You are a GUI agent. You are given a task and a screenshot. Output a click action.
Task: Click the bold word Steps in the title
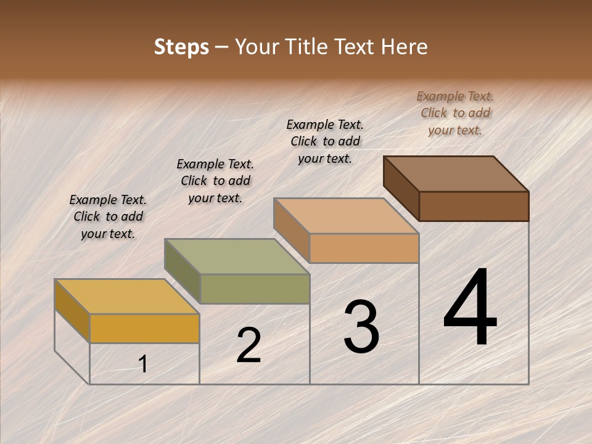pyautogui.click(x=181, y=47)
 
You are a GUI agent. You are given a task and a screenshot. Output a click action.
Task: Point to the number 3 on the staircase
pyautogui.click(x=361, y=327)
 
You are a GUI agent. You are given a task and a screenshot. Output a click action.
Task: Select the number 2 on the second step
pyautogui.click(x=249, y=345)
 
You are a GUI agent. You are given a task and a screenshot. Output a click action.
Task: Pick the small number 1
pyautogui.click(x=143, y=364)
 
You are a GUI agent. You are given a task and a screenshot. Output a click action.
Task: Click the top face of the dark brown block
pyautogui.click(x=456, y=173)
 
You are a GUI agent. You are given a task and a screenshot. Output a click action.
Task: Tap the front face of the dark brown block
pyautogui.click(x=474, y=206)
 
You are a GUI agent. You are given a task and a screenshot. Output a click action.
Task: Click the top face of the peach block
pyautogui.click(x=346, y=216)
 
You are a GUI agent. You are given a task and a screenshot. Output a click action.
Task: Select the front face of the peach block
pyautogui.click(x=364, y=248)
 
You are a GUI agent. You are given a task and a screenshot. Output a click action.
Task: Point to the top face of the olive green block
pyautogui.click(x=237, y=257)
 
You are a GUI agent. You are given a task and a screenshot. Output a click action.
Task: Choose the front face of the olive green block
pyautogui.click(x=254, y=289)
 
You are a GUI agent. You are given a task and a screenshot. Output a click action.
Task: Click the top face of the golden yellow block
pyautogui.click(x=126, y=297)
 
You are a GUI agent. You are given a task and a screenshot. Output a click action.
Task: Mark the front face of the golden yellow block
pyautogui.click(x=144, y=328)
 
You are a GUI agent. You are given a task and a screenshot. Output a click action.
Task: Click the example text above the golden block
pyautogui.click(x=108, y=216)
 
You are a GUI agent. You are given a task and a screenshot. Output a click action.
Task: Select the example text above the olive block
pyautogui.click(x=215, y=181)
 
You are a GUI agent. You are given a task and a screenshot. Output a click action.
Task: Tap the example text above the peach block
pyautogui.click(x=325, y=141)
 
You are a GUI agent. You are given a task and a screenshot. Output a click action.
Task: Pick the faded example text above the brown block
pyautogui.click(x=455, y=113)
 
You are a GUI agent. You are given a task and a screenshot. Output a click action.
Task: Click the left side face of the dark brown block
pyautogui.click(x=401, y=188)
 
